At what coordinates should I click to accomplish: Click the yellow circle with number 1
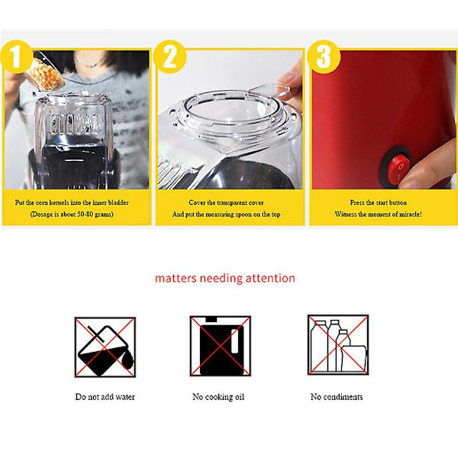point(16,56)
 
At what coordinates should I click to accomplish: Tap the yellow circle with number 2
point(169,56)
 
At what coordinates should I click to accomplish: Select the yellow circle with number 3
point(324,56)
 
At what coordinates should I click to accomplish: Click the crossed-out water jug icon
point(105,347)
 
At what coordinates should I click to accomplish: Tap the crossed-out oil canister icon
point(221,346)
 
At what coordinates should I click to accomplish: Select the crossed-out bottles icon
point(338,345)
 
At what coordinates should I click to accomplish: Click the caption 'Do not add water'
point(105,397)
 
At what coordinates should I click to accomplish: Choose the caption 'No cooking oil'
point(218,397)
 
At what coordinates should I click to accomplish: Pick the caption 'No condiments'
point(337,397)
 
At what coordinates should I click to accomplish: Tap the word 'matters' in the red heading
point(176,279)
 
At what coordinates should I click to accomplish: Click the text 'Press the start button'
point(379,202)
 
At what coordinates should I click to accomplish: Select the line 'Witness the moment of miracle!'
point(379,214)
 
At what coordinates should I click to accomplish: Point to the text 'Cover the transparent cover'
point(226,202)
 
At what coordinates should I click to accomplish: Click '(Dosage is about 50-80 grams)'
point(72,214)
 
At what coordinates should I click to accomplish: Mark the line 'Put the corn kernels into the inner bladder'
point(72,202)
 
